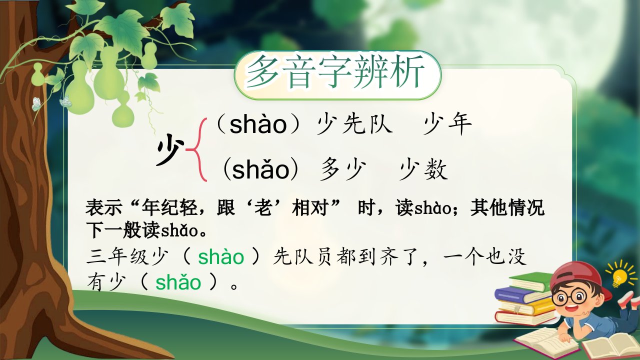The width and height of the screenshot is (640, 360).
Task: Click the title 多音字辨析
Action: [x=335, y=72]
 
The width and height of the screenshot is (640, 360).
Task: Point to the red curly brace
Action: [x=196, y=149]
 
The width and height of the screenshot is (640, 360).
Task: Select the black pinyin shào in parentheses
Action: [x=258, y=124]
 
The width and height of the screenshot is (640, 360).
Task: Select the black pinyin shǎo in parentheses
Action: [x=261, y=169]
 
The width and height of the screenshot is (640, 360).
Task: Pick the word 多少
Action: [x=343, y=169]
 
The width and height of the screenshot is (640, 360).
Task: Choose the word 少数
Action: [x=423, y=169]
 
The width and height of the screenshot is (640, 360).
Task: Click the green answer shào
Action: [x=221, y=256]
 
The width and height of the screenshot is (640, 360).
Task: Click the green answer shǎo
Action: [x=178, y=282]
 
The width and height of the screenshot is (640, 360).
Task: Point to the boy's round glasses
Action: [x=568, y=296]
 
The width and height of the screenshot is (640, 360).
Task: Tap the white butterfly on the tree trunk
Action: [x=36, y=104]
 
